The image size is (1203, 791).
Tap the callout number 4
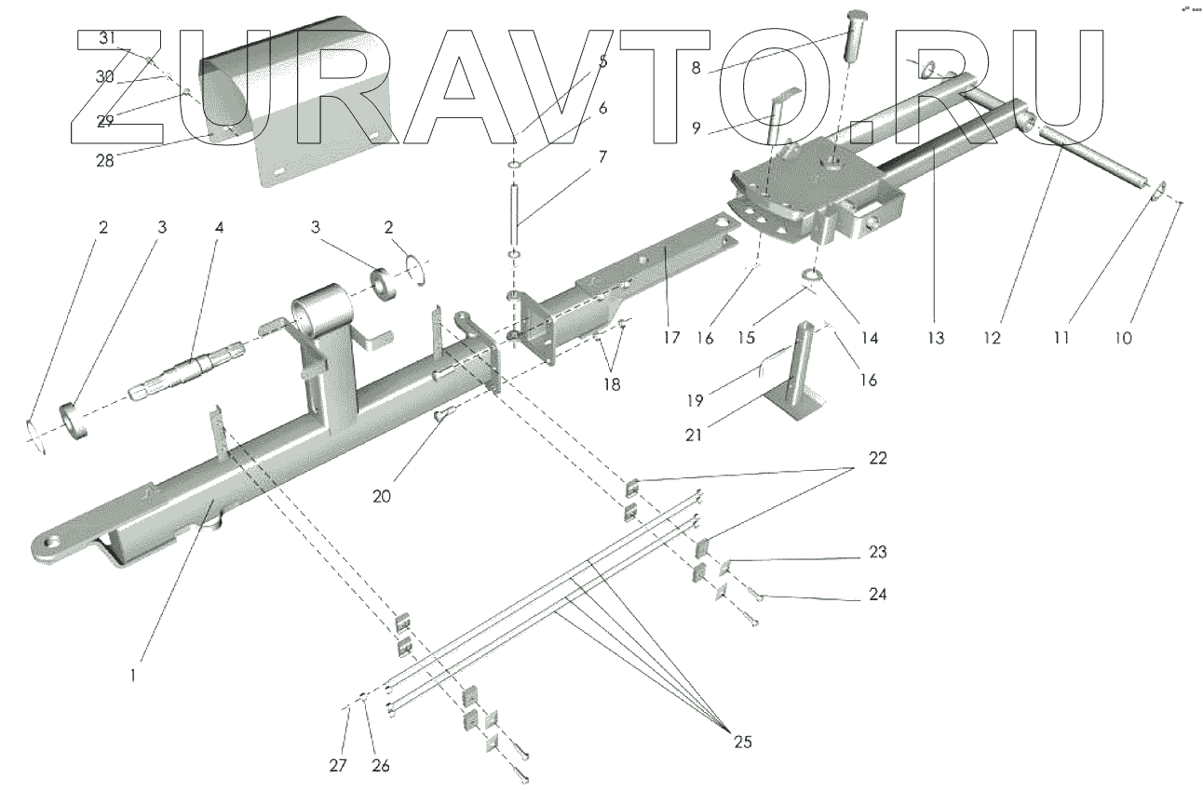219,227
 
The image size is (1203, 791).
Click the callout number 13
936,339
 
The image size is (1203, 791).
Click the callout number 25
742,742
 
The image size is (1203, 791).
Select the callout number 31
109,38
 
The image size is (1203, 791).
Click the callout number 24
876,594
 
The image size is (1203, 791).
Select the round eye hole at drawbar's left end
51,543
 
